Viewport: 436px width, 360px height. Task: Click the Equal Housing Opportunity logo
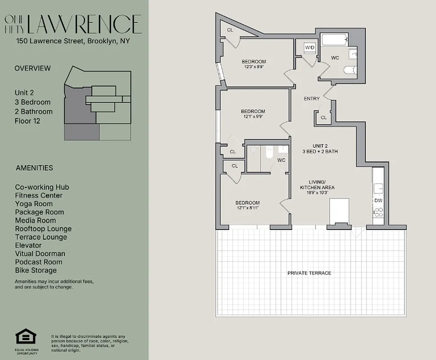pyautogui.click(x=27, y=337)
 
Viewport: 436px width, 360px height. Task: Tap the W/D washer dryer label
pyautogui.click(x=309, y=47)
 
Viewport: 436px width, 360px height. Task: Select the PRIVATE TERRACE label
pyautogui.click(x=309, y=273)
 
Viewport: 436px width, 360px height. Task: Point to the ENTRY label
pyautogui.click(x=311, y=99)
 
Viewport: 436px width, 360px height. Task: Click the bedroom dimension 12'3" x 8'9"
pyautogui.click(x=254, y=67)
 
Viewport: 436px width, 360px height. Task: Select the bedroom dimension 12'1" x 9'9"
pyautogui.click(x=253, y=117)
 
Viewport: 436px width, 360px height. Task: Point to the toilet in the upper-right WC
pyautogui.click(x=349, y=70)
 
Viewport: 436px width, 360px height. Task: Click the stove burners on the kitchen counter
pyautogui.click(x=378, y=212)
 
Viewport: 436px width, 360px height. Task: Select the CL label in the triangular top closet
pyautogui.click(x=230, y=30)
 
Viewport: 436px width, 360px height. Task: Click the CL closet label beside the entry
pyautogui.click(x=323, y=117)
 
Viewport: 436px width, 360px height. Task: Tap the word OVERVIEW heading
pyautogui.click(x=32, y=68)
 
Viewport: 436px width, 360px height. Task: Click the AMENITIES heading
pyautogui.click(x=34, y=168)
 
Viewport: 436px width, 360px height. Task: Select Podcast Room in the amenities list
pyautogui.click(x=39, y=262)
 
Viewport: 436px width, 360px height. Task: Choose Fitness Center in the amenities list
pyautogui.click(x=39, y=195)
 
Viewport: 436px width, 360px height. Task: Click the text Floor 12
pyautogui.click(x=27, y=121)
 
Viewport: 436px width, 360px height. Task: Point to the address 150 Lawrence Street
pyautogui.click(x=72, y=41)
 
